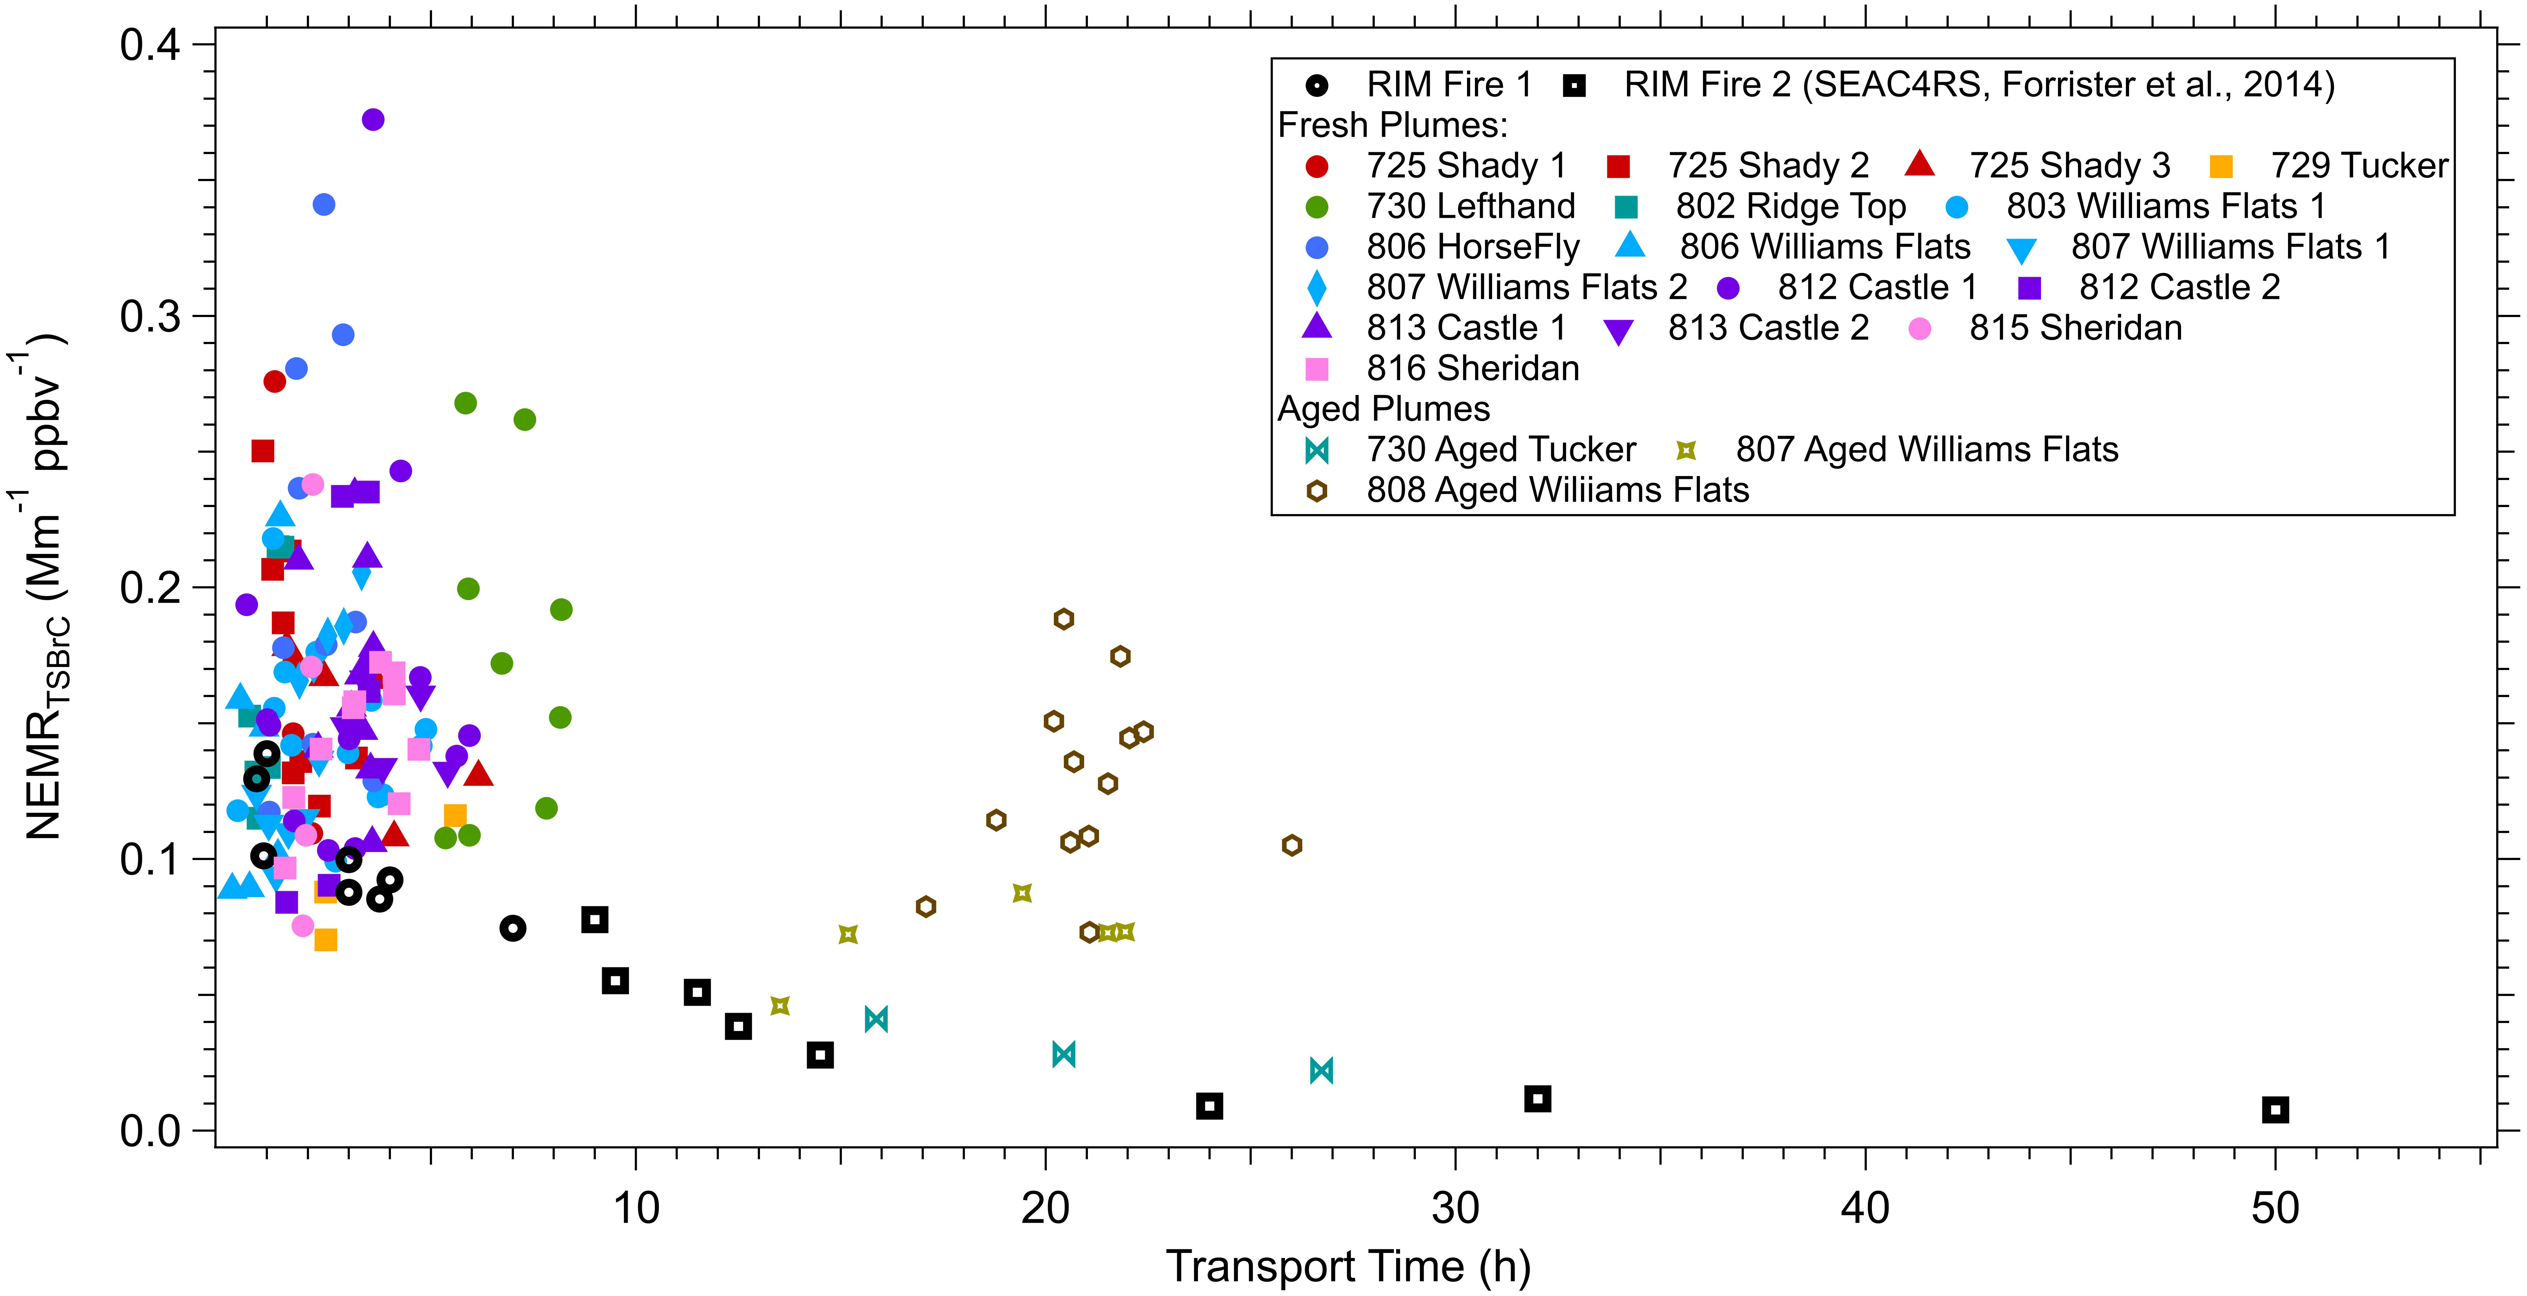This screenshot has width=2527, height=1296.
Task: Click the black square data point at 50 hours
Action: pos(2275,1110)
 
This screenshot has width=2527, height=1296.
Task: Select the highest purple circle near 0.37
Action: pos(373,120)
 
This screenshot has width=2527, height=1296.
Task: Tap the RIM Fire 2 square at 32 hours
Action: pos(1537,1099)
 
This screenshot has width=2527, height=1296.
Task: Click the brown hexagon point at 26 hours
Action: pos(1292,845)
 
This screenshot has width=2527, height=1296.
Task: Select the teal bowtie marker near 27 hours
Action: pos(1321,1070)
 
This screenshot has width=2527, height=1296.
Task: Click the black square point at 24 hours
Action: pos(1210,1106)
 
